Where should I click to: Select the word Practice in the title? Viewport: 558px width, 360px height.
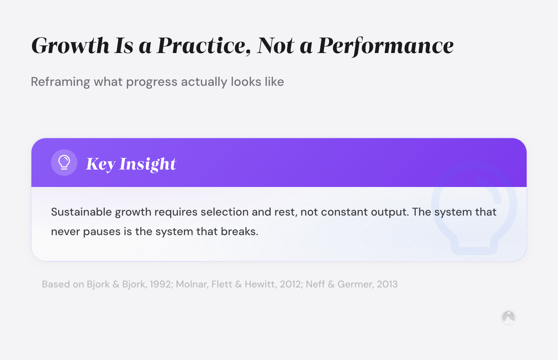[203, 46]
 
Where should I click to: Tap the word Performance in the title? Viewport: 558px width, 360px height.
[386, 46]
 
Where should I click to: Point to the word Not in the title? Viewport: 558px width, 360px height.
[276, 46]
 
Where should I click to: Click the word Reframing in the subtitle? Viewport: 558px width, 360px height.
[60, 82]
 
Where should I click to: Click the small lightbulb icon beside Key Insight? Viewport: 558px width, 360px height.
[64, 163]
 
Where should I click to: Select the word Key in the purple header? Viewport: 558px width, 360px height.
[100, 164]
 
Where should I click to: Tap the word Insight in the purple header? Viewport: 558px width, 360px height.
[148, 164]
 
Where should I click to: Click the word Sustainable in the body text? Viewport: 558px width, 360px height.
[81, 212]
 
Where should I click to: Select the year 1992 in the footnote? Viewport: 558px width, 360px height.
[161, 284]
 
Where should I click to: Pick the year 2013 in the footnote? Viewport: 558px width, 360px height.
[387, 284]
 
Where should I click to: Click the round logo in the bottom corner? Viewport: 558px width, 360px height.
[508, 317]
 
